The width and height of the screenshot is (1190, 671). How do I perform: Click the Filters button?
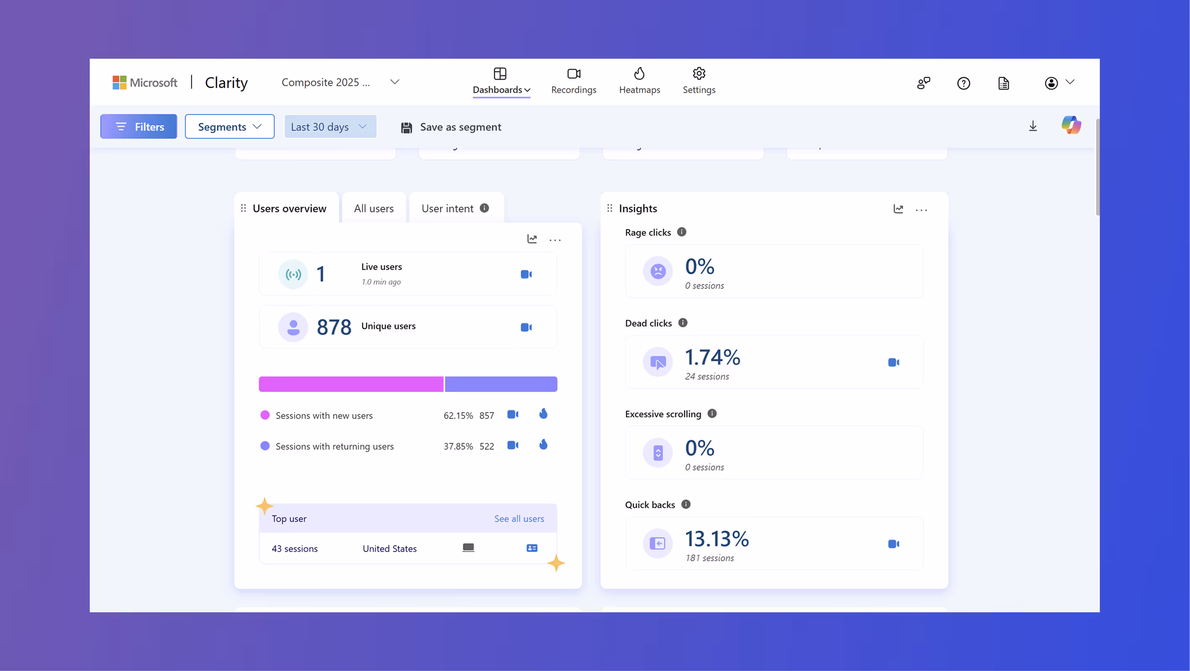tap(138, 127)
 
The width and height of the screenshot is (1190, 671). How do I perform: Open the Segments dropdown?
tap(229, 127)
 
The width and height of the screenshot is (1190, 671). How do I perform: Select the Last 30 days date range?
tap(330, 127)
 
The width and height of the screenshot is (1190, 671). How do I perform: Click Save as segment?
tap(451, 127)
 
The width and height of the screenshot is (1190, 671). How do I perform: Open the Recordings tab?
tap(573, 81)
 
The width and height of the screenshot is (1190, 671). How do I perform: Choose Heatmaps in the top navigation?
tap(639, 81)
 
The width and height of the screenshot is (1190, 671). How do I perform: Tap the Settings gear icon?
tap(699, 74)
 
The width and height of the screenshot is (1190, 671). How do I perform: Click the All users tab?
tap(374, 208)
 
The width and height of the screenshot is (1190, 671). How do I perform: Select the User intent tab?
tap(447, 208)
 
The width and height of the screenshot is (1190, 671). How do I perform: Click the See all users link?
tap(519, 519)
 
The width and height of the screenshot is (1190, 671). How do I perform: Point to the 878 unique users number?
tap(334, 327)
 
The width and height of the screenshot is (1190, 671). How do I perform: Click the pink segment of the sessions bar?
tap(351, 384)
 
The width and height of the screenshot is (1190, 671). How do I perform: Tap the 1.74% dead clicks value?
tap(712, 357)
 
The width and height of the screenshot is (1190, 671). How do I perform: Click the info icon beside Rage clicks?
tap(681, 232)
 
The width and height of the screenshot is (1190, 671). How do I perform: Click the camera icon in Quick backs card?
tap(893, 544)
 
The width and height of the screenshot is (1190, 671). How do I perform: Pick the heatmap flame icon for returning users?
tap(543, 445)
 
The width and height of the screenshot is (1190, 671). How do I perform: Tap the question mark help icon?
tap(963, 83)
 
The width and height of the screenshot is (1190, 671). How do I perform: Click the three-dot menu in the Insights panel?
tap(921, 210)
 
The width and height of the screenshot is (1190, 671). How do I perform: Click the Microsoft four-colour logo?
tap(120, 83)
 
